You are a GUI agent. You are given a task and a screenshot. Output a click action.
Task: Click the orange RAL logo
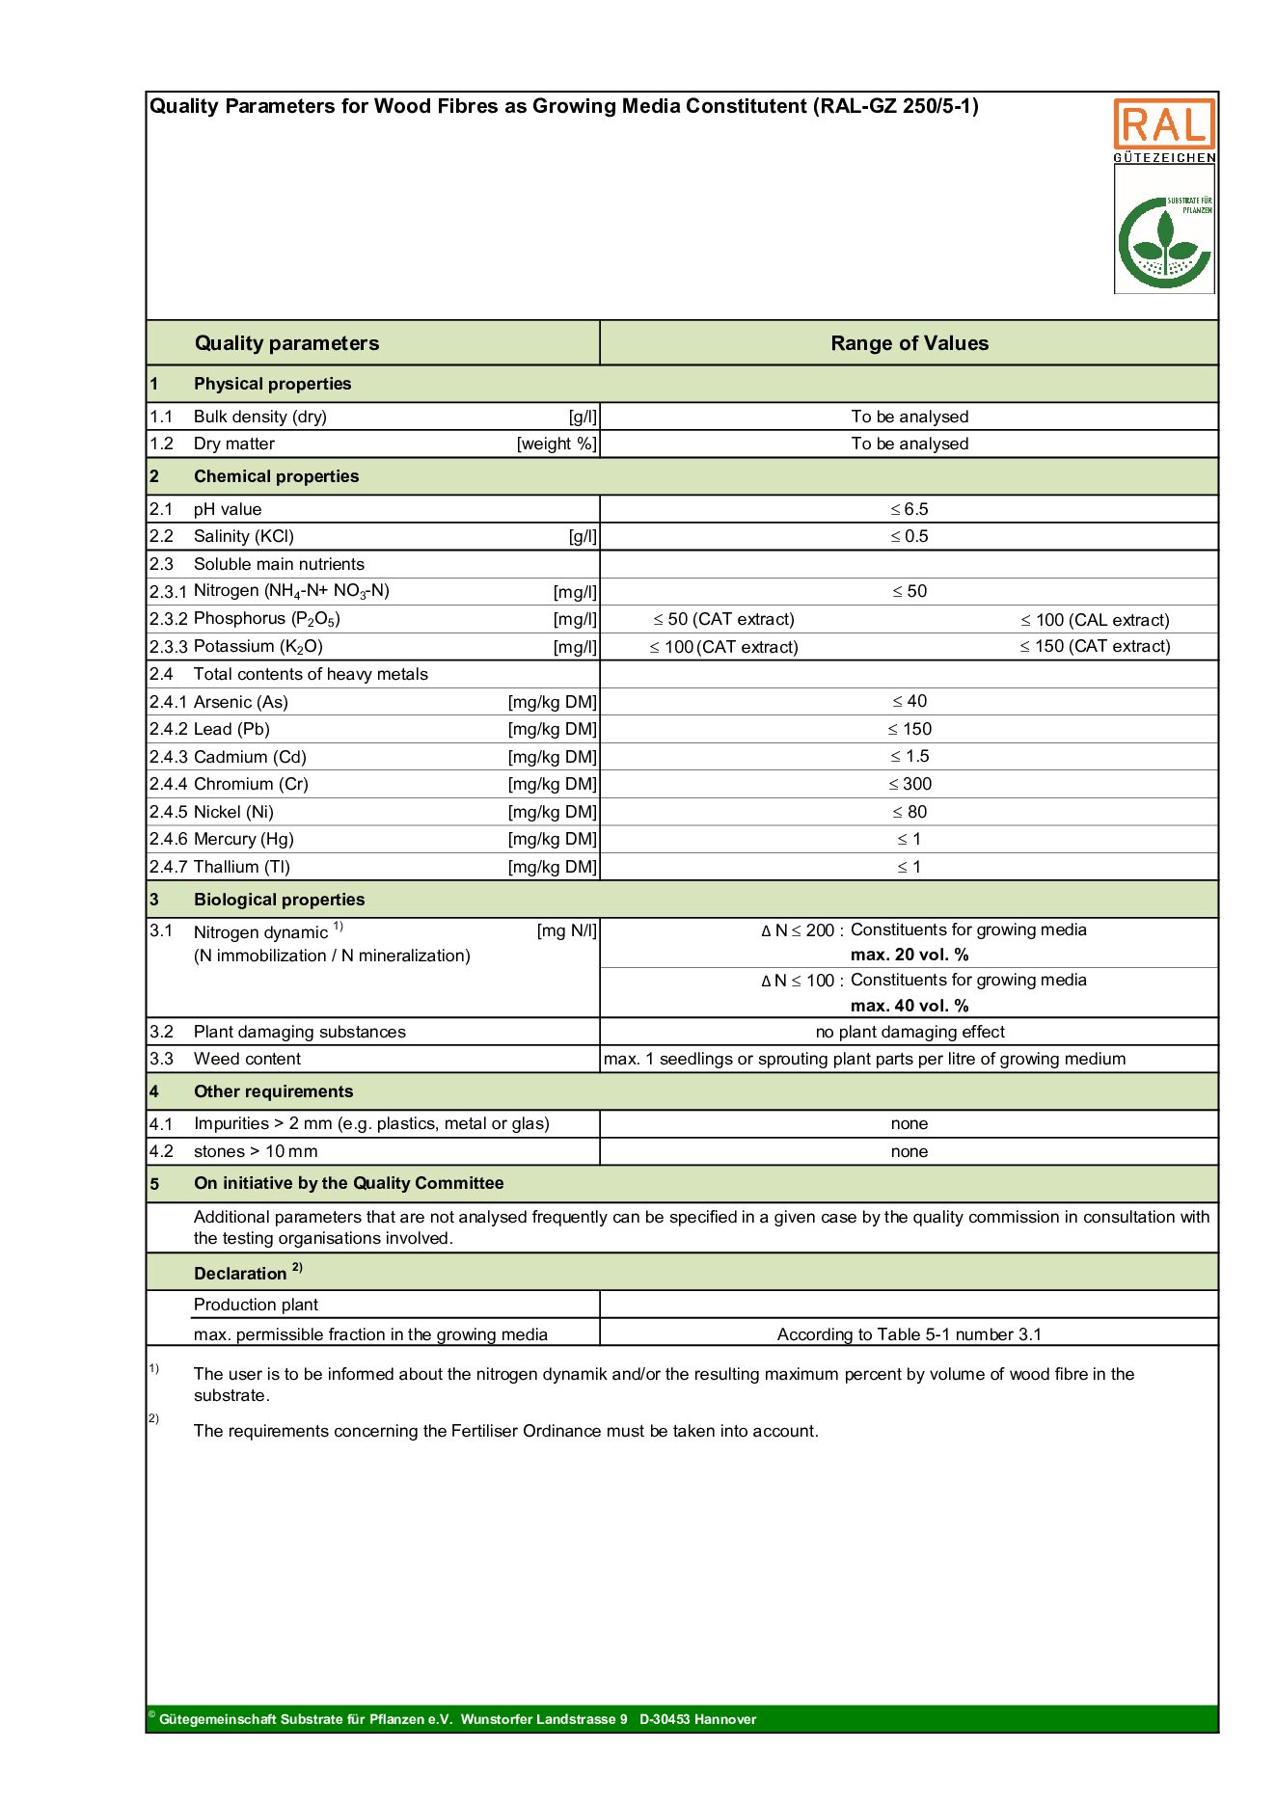coord(1163,124)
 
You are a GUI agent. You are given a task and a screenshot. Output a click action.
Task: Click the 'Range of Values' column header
coord(909,343)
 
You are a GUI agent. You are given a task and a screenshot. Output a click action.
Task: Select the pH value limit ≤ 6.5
coord(909,509)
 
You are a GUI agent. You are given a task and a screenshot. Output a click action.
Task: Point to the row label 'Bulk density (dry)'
coord(259,417)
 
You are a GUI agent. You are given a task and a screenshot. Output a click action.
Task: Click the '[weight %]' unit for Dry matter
coord(557,444)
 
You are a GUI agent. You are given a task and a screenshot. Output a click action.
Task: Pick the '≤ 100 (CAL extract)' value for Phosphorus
coord(1095,620)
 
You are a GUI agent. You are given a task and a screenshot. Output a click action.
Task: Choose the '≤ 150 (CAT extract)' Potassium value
coord(1095,646)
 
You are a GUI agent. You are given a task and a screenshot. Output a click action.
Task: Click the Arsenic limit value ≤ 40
coord(909,701)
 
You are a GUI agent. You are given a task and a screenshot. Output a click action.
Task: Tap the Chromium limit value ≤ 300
coord(909,784)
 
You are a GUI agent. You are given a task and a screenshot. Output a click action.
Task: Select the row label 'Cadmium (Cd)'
coord(250,757)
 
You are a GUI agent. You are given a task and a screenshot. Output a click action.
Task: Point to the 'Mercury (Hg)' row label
coord(244,839)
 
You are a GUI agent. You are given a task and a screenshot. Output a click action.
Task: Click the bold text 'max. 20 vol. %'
coord(909,955)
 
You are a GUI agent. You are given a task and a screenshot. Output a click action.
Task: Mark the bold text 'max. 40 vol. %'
coord(909,1006)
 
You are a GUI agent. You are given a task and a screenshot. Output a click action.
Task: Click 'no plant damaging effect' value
coord(909,1032)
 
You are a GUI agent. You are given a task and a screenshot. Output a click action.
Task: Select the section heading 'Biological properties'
coord(279,900)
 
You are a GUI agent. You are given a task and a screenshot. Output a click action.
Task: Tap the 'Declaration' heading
coord(240,1274)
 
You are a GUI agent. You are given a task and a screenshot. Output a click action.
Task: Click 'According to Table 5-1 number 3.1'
coord(909,1334)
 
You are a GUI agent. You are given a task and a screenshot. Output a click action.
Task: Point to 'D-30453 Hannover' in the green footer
coord(697,1719)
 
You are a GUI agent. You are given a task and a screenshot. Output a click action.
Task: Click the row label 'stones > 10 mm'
coord(255,1151)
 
